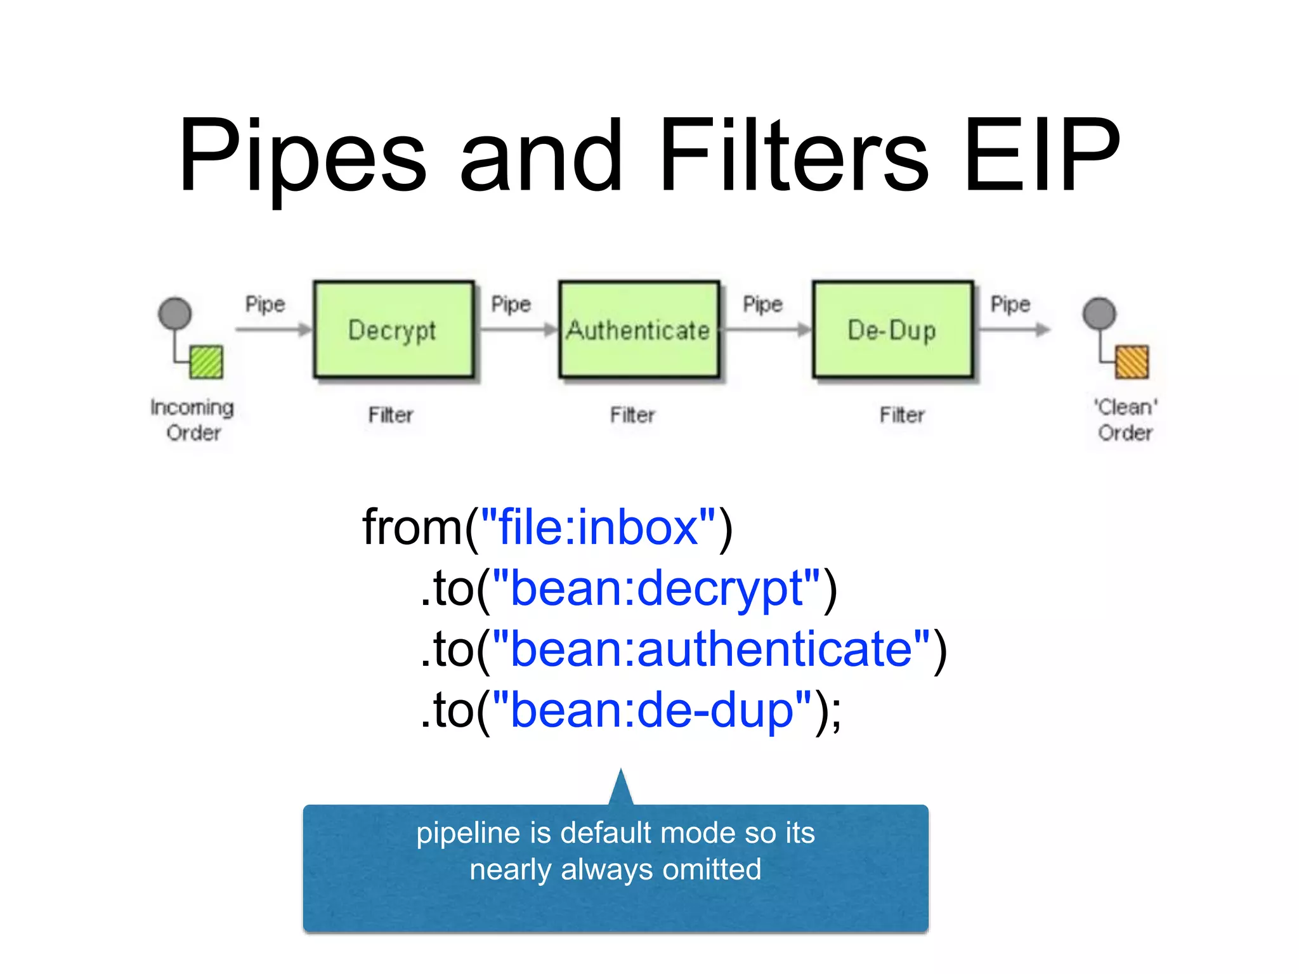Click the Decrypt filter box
pyautogui.click(x=393, y=330)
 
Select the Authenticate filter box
pyautogui.click(x=639, y=330)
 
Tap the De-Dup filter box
pyautogui.click(x=892, y=330)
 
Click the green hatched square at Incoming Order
pyautogui.click(x=207, y=362)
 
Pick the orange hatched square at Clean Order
pyautogui.click(x=1132, y=362)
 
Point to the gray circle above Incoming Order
pyautogui.click(x=175, y=313)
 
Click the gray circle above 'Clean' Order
pyautogui.click(x=1099, y=313)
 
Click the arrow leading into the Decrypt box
pyautogui.click(x=273, y=329)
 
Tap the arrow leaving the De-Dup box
pyautogui.click(x=1014, y=329)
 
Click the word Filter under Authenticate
pyautogui.click(x=632, y=415)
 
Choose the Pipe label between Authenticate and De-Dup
pyautogui.click(x=762, y=304)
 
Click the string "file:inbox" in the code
pyautogui.click(x=598, y=528)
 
